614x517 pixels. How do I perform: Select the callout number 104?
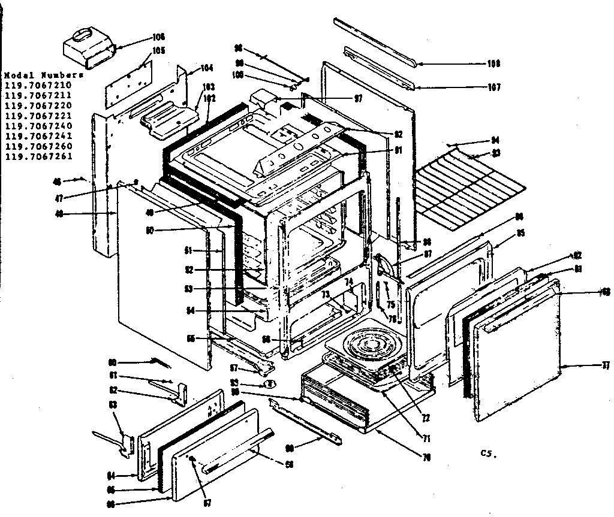tap(207, 68)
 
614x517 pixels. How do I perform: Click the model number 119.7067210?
tap(38, 86)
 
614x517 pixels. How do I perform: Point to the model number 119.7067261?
tap(38, 157)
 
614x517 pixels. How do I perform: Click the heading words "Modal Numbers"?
tap(43, 76)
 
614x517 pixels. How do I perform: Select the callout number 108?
tap(493, 64)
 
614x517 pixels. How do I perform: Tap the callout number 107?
tap(493, 87)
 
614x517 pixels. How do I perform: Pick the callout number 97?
tap(357, 98)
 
